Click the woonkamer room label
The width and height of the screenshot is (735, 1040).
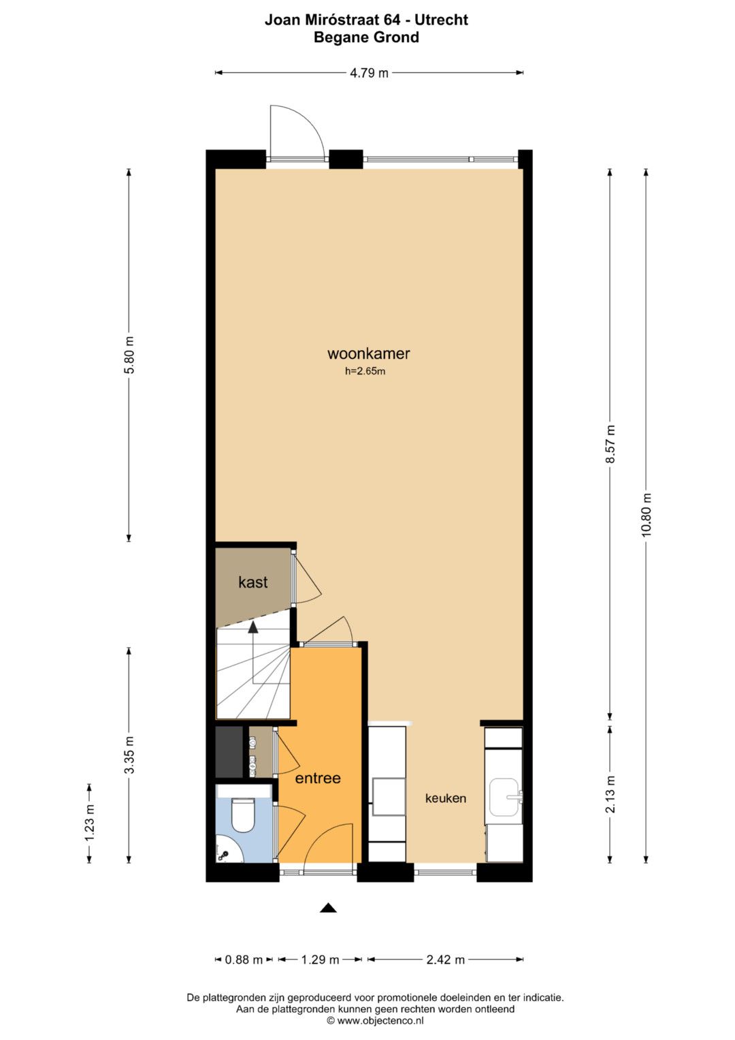[368, 353]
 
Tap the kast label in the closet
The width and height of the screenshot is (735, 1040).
[253, 582]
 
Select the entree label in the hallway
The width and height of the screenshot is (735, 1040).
[318, 778]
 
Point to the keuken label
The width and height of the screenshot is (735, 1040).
[446, 798]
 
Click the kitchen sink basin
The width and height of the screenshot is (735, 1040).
[504, 797]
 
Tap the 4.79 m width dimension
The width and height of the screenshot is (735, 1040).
[369, 73]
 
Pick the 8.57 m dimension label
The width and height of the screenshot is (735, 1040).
[610, 443]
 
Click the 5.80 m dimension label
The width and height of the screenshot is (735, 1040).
[129, 355]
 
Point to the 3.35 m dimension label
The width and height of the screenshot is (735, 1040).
[129, 755]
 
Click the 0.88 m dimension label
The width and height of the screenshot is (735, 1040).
[244, 960]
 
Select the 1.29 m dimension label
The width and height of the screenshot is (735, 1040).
[320, 960]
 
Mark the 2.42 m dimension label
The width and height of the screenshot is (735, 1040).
[446, 960]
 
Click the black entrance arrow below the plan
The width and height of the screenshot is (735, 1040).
[328, 908]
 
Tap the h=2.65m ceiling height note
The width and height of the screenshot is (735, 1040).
[365, 371]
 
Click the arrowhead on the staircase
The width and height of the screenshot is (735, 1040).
[253, 628]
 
